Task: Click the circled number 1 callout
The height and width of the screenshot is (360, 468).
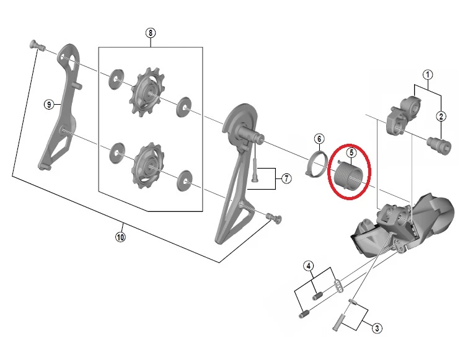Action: click(x=428, y=74)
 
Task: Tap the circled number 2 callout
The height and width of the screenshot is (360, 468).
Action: click(x=441, y=116)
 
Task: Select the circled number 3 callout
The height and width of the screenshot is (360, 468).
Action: click(x=377, y=328)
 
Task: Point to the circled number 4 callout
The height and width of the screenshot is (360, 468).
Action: click(x=309, y=266)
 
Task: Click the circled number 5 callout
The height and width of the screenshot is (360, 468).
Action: click(x=351, y=152)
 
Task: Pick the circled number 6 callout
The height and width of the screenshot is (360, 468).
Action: click(x=319, y=139)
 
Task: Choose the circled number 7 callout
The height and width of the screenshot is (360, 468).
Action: click(x=286, y=178)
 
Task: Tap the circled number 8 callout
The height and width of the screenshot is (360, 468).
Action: click(x=151, y=32)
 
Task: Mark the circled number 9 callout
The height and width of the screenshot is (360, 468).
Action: click(x=49, y=104)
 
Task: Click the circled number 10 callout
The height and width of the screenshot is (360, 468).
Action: click(x=120, y=237)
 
